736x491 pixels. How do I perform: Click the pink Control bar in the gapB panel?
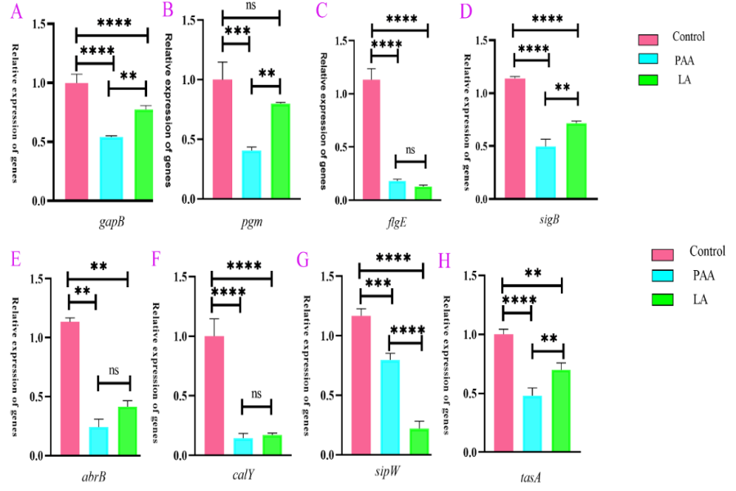[x=76, y=142]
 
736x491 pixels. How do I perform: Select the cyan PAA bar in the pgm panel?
[x=251, y=174]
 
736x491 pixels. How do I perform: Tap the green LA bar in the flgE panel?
[x=422, y=193]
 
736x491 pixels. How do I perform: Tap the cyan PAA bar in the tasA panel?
[x=532, y=424]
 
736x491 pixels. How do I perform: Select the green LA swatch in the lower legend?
[x=665, y=300]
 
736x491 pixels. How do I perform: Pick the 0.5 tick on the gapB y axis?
[x=38, y=142]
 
